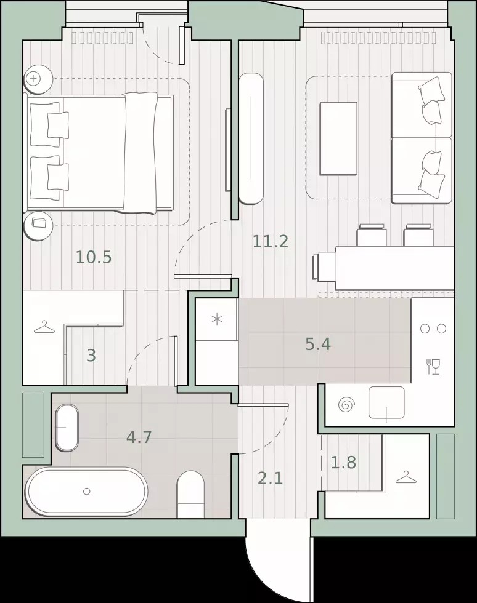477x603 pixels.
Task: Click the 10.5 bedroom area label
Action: pyautogui.click(x=94, y=257)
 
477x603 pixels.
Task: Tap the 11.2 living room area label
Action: pyautogui.click(x=271, y=241)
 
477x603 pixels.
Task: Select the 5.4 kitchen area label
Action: pyautogui.click(x=318, y=344)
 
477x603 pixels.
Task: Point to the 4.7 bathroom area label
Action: pyautogui.click(x=139, y=437)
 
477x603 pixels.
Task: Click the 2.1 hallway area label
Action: pyautogui.click(x=271, y=479)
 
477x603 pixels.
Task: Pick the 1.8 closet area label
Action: pyautogui.click(x=343, y=462)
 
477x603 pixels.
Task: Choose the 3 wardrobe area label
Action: pyautogui.click(x=91, y=356)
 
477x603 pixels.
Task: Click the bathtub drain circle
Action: pyautogui.click(x=87, y=491)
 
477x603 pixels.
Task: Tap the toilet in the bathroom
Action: pyautogui.click(x=190, y=494)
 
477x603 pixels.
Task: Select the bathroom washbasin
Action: pyautogui.click(x=67, y=428)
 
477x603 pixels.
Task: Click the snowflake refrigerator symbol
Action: pyautogui.click(x=218, y=319)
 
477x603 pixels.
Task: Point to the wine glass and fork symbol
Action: pyautogui.click(x=433, y=367)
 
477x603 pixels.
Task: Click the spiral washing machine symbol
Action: pyautogui.click(x=346, y=405)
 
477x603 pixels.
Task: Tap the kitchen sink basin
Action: pyautogui.click(x=386, y=402)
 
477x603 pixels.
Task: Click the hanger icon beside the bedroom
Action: pyautogui.click(x=45, y=327)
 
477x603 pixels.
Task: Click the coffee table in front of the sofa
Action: pyautogui.click(x=338, y=138)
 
